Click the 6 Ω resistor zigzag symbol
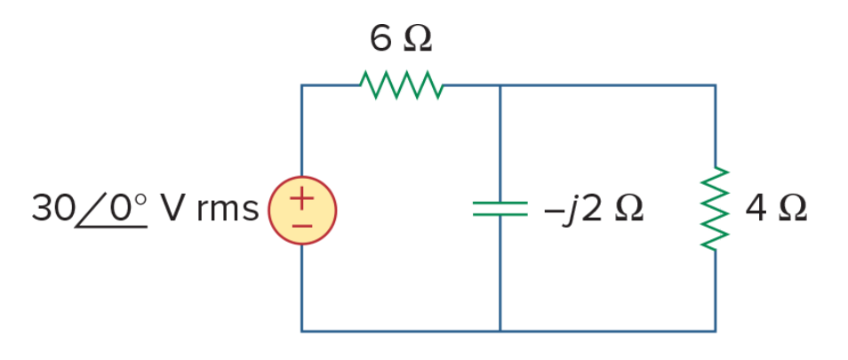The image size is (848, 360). click(402, 84)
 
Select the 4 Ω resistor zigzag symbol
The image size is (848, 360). click(716, 209)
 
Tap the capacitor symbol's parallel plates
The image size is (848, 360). click(500, 209)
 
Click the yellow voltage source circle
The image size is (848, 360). click(302, 211)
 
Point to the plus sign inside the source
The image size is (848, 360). click(301, 198)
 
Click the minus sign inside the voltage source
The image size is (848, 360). click(301, 225)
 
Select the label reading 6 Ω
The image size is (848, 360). click(401, 39)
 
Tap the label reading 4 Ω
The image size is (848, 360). click(776, 209)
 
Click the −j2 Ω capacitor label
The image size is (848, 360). click(593, 210)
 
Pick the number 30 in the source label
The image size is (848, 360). click(53, 209)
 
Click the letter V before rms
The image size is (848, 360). click(174, 209)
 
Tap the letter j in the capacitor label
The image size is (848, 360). click(569, 211)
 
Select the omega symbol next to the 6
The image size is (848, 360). click(418, 39)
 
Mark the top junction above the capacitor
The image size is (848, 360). click(500, 85)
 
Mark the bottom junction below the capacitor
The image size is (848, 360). click(500, 331)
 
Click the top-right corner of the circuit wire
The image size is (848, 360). click(716, 85)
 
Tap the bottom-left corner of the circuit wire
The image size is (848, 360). click(301, 331)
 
